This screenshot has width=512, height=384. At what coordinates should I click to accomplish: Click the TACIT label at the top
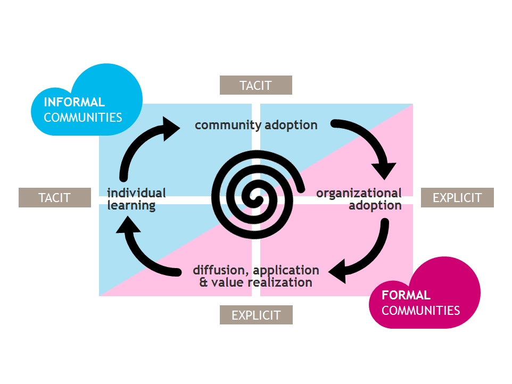[x=255, y=85]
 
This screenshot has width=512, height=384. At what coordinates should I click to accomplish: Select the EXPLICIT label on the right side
[x=457, y=197]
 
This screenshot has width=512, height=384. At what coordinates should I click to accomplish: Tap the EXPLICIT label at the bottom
[x=255, y=315]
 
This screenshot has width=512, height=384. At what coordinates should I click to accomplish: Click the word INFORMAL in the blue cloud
[x=74, y=102]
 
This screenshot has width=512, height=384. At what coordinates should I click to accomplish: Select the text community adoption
[x=256, y=126]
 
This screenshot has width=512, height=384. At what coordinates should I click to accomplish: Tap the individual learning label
[x=136, y=199]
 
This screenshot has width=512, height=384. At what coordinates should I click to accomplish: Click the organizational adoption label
[x=359, y=199]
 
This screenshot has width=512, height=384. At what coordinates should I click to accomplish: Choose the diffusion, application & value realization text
[x=256, y=276]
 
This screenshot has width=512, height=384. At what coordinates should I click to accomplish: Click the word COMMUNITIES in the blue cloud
[x=83, y=118]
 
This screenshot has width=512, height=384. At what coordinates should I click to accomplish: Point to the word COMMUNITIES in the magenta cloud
[x=420, y=311]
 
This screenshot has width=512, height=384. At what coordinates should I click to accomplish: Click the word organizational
[x=359, y=193]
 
